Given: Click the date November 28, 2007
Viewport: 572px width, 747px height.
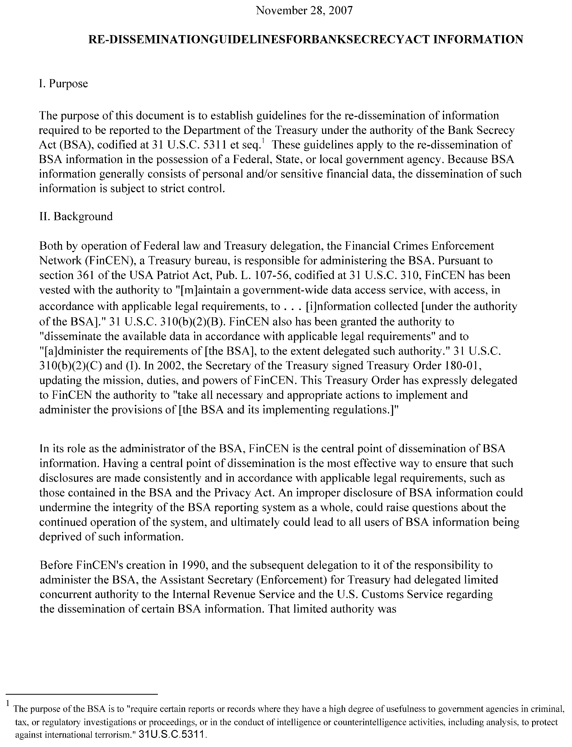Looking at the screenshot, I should click(304, 10).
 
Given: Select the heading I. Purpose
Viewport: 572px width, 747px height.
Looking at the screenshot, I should click(64, 84).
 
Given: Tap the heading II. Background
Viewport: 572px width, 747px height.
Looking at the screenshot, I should click(76, 216).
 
